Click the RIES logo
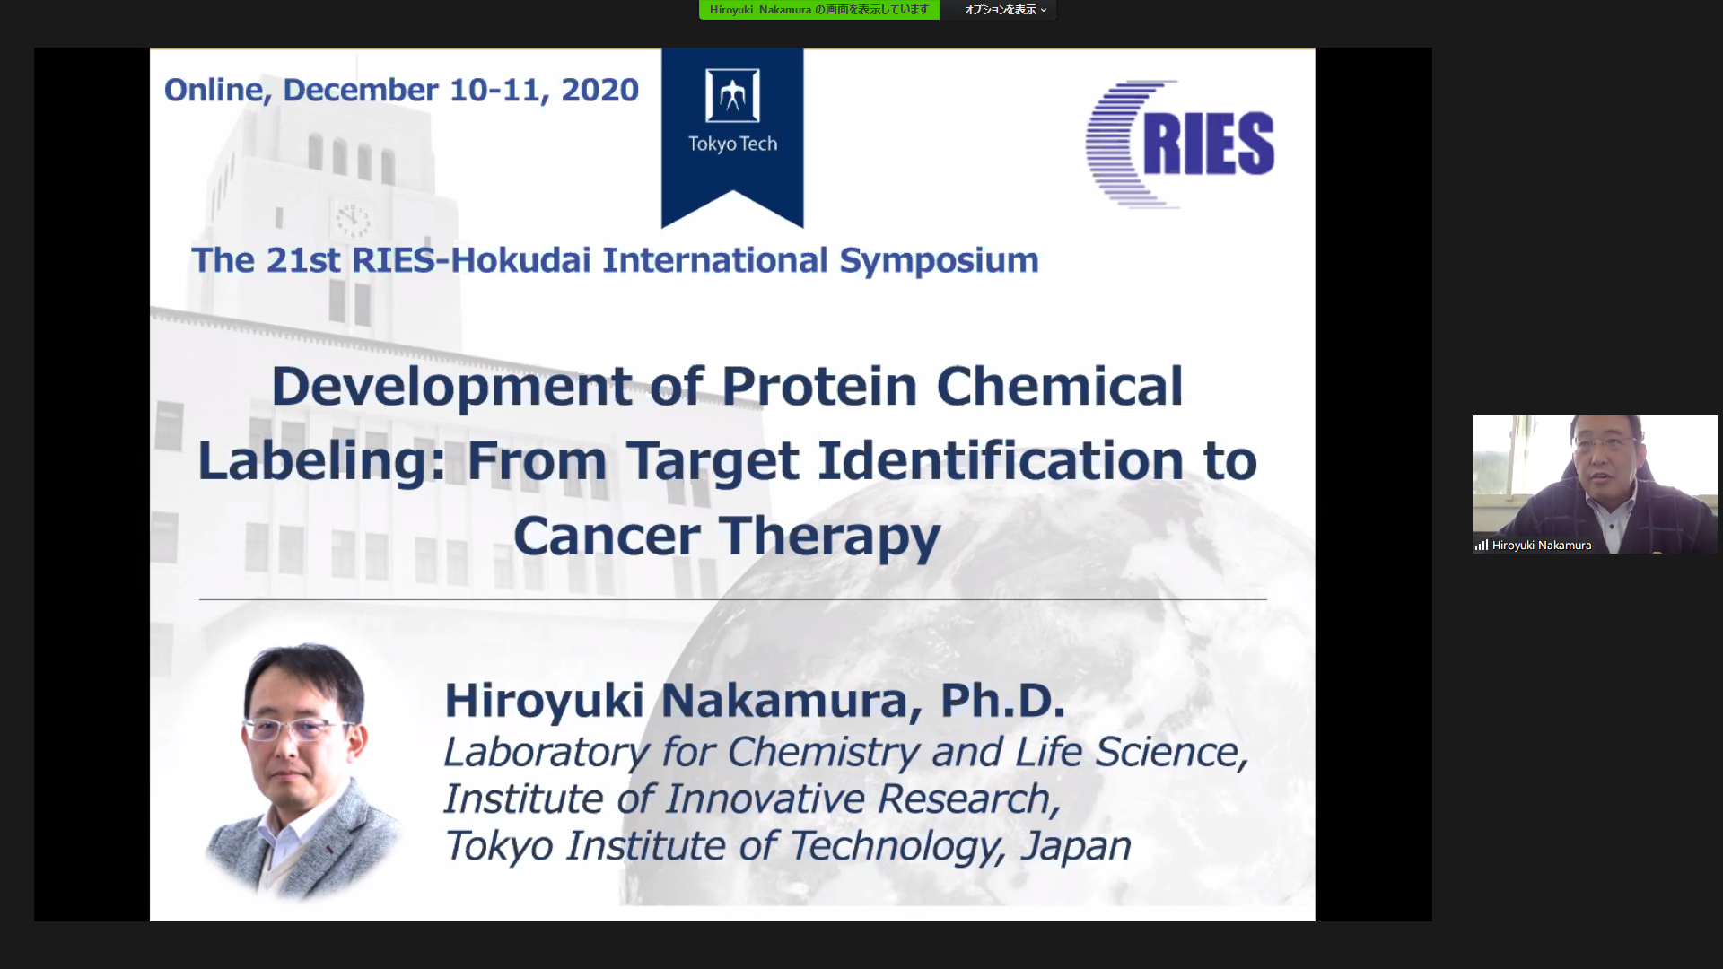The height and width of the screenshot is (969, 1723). (x=1179, y=144)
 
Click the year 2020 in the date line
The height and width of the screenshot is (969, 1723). (x=599, y=90)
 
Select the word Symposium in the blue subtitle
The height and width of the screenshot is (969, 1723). (x=939, y=260)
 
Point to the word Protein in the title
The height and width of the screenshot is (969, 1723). (x=819, y=386)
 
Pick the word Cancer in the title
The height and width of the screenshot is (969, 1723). (x=607, y=536)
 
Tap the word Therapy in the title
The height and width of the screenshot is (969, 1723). (x=830, y=537)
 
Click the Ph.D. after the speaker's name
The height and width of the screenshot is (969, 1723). (x=1002, y=700)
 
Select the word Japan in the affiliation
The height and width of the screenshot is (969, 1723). (x=1076, y=846)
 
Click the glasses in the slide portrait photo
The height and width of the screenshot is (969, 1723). (x=300, y=729)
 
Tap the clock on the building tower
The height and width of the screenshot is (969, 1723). (x=353, y=218)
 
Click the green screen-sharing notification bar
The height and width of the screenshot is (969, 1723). (x=819, y=10)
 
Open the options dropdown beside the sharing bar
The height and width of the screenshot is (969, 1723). (x=1005, y=10)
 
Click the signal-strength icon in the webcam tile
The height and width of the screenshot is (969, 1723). (x=1482, y=545)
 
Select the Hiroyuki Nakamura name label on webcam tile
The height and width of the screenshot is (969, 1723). (x=1542, y=545)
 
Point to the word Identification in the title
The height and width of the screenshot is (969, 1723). (x=1000, y=460)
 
